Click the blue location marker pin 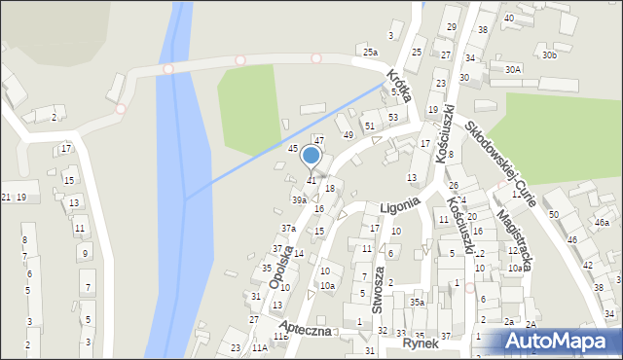pyautogui.click(x=311, y=157)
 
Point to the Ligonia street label pyautogui.click(x=399, y=204)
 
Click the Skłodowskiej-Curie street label pyautogui.click(x=506, y=158)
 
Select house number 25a pyautogui.click(x=370, y=52)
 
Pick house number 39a pyautogui.click(x=300, y=199)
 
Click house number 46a pyautogui.click(x=602, y=223)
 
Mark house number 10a pyautogui.click(x=328, y=285)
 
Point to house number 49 pyautogui.click(x=348, y=134)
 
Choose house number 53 pyautogui.click(x=392, y=117)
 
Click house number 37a pyautogui.click(x=288, y=228)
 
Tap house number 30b pyautogui.click(x=550, y=55)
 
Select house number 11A pyautogui.click(x=259, y=346)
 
